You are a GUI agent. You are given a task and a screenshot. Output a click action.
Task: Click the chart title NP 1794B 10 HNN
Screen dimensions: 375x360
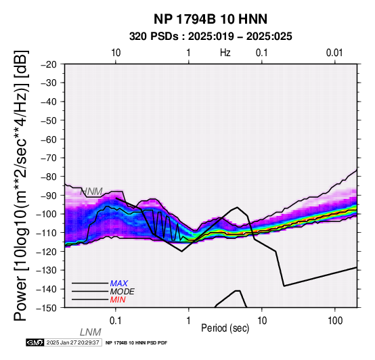(211, 19)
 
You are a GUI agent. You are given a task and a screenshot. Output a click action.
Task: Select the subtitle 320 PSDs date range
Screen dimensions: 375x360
(211, 37)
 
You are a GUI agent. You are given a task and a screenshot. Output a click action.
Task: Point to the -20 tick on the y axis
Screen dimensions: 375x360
(49, 64)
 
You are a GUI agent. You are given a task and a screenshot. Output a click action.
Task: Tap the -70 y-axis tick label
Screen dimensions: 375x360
(49, 158)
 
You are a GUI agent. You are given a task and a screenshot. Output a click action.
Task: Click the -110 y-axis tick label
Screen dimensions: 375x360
(47, 233)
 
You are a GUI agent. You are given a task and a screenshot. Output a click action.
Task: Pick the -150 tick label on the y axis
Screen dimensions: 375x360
(47, 308)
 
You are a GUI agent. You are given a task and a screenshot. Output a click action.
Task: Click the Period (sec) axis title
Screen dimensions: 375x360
(225, 328)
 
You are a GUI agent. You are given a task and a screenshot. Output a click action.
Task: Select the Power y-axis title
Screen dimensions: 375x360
(21, 185)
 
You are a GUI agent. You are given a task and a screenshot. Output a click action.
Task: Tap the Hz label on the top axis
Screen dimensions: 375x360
(225, 53)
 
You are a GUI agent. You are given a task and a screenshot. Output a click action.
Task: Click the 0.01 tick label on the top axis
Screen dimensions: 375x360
(334, 53)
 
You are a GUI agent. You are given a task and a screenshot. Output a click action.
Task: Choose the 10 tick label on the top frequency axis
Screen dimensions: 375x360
(116, 53)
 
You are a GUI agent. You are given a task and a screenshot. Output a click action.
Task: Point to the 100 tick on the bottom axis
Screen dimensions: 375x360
(335, 321)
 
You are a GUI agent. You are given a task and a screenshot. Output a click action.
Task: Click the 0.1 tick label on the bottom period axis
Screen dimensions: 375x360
(115, 321)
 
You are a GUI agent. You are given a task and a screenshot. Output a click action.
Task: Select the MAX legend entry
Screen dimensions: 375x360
(119, 284)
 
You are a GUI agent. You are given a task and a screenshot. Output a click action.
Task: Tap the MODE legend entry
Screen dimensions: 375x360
(123, 292)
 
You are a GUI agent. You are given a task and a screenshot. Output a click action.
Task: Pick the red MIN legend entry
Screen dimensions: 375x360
(118, 300)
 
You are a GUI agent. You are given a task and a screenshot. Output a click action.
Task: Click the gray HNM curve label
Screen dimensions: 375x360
(91, 192)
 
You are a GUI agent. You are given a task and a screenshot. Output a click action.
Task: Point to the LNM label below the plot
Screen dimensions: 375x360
(91, 332)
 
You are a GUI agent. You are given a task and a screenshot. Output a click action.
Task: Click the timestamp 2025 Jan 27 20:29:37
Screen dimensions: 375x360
(73, 342)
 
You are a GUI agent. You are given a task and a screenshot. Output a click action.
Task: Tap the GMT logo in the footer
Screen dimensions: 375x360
(35, 342)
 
